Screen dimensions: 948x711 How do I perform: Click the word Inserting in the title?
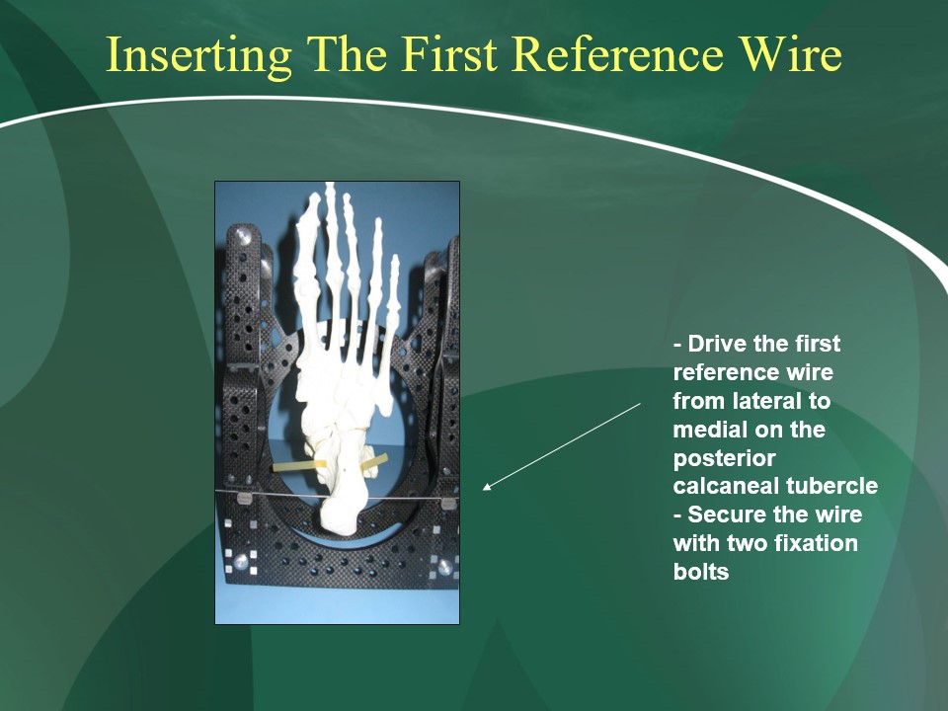(198, 54)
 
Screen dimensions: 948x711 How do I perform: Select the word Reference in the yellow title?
(618, 53)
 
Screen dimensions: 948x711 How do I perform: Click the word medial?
(710, 430)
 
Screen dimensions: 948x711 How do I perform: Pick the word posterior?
(724, 459)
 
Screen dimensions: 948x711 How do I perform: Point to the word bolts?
(701, 572)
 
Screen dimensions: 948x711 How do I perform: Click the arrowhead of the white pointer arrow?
(487, 487)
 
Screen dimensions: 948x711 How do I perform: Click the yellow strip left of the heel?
(299, 465)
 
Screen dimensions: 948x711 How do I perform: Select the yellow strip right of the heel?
(374, 462)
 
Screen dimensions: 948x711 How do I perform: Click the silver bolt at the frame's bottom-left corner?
(241, 561)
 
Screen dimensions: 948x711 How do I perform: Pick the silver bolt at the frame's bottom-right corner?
(445, 566)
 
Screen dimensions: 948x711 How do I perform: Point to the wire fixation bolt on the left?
(243, 499)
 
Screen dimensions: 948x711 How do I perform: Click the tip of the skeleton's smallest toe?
(395, 257)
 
